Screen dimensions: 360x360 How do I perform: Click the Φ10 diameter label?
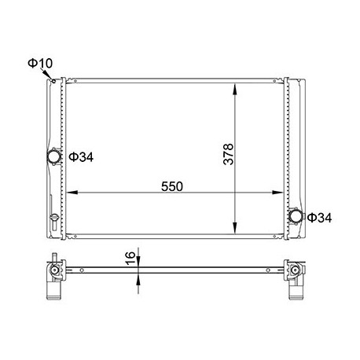40,63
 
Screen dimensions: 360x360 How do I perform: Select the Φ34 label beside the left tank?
81,157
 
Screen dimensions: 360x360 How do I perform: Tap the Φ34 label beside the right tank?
319,218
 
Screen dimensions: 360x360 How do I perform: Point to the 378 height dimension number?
228,154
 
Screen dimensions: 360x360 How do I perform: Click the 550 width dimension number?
172,186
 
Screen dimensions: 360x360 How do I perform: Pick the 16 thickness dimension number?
130,258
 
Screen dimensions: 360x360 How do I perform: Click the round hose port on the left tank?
54,156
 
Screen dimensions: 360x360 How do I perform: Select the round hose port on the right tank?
296,216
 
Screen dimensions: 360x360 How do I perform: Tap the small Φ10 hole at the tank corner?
53,81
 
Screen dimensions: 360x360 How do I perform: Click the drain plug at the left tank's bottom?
54,218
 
